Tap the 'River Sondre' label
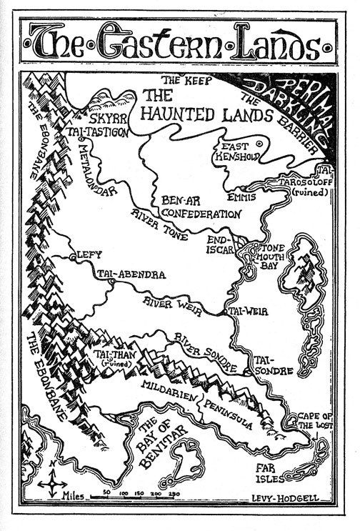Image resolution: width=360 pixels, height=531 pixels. pos(206,353)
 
